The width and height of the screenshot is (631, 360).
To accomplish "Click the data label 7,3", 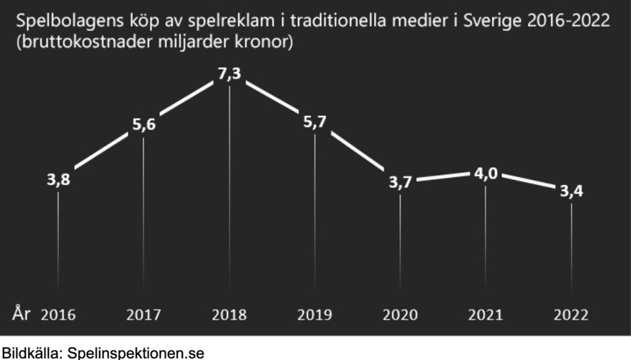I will [229, 75].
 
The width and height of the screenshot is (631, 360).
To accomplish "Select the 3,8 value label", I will [58, 180].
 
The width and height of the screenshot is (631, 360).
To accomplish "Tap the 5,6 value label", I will [144, 124].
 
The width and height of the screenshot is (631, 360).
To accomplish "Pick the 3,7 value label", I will [400, 183].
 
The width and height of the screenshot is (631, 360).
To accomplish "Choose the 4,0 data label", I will [486, 174].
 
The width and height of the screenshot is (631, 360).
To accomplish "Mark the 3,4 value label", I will [571, 192].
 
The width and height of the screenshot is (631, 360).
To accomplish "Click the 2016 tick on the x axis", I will [58, 315].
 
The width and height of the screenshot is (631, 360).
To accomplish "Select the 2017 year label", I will [144, 315].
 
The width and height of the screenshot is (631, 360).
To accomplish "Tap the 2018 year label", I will [229, 315].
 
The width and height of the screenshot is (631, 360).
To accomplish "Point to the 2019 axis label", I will [315, 315].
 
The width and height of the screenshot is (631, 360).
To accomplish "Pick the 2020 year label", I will [400, 315].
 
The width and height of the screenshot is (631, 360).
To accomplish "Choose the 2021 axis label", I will [485, 315].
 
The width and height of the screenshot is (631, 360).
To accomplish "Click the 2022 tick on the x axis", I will [571, 315].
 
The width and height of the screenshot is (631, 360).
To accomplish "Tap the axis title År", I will [21, 313].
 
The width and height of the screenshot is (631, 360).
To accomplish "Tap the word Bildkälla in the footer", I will [27, 353].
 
